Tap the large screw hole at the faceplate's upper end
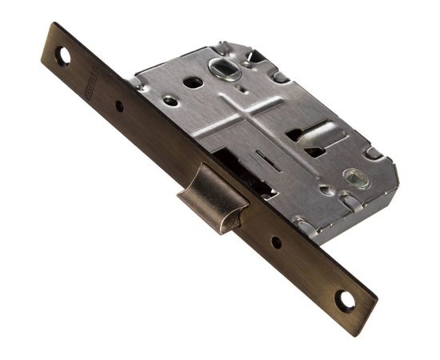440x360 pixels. pos(61,57)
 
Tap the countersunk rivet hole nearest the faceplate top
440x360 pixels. pos(170,101)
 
